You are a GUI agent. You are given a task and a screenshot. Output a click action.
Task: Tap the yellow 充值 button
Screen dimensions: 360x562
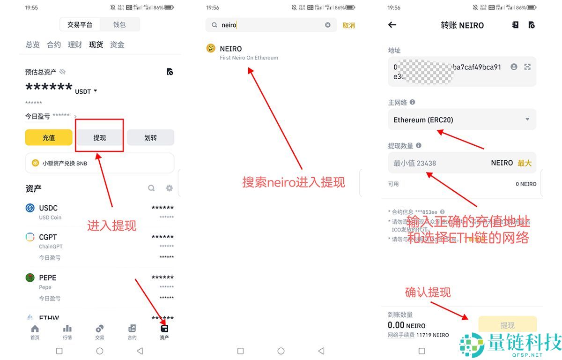(49, 137)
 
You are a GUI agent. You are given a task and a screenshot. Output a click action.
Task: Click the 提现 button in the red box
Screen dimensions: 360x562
(99, 137)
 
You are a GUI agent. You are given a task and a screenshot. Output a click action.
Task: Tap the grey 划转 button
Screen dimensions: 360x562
(150, 137)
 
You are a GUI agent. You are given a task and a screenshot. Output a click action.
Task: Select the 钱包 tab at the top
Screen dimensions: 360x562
(119, 24)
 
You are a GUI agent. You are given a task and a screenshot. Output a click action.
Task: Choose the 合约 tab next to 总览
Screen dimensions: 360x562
(54, 45)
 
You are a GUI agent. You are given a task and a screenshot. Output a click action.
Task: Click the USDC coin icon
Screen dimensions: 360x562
(30, 208)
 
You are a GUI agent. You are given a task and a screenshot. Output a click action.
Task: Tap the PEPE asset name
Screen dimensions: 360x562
(48, 277)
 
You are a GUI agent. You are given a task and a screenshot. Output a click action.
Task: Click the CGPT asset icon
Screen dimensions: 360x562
(30, 237)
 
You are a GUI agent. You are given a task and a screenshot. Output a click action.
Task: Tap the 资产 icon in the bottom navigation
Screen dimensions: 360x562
(164, 329)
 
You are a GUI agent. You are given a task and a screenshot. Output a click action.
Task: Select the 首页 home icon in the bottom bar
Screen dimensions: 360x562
(35, 329)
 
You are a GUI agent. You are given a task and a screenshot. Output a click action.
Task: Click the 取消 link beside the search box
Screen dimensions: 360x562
(349, 25)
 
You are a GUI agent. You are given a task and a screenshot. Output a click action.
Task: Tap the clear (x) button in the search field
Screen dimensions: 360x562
(328, 25)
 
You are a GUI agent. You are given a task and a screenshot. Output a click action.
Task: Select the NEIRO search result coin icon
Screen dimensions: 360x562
(211, 48)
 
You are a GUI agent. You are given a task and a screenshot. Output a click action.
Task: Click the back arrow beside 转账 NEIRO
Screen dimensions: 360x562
(392, 25)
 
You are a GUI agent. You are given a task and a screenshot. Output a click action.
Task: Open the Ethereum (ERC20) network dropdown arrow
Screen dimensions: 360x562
(527, 120)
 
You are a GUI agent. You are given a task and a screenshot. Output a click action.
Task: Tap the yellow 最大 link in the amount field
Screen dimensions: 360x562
(525, 163)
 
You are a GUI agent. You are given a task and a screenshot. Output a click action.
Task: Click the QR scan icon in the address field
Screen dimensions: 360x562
(527, 67)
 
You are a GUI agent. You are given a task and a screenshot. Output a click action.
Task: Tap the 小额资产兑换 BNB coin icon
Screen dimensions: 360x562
(35, 163)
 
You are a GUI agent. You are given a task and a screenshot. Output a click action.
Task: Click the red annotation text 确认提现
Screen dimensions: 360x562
(428, 292)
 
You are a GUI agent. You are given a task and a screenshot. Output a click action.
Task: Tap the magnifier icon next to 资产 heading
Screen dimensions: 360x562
(151, 188)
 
